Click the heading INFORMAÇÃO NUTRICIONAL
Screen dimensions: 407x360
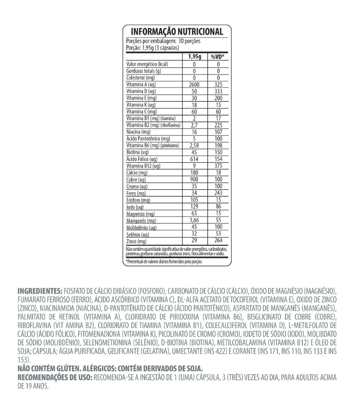pyautogui.click(x=177, y=32)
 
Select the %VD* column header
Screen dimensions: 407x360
pyautogui.click(x=218, y=57)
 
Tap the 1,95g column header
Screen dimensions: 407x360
pyautogui.click(x=195, y=57)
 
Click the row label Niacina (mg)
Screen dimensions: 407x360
pyautogui.click(x=138, y=132)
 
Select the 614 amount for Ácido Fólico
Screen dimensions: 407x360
pyautogui.click(x=195, y=159)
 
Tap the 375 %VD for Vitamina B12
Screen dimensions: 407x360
pyautogui.click(x=218, y=166)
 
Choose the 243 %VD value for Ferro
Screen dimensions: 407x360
pyautogui.click(x=218, y=193)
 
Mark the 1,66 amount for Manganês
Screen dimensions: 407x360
pyautogui.click(x=195, y=220)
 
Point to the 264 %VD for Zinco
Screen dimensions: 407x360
pyautogui.click(x=218, y=241)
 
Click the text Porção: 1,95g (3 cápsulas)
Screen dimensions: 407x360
pyautogui.click(x=153, y=47)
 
